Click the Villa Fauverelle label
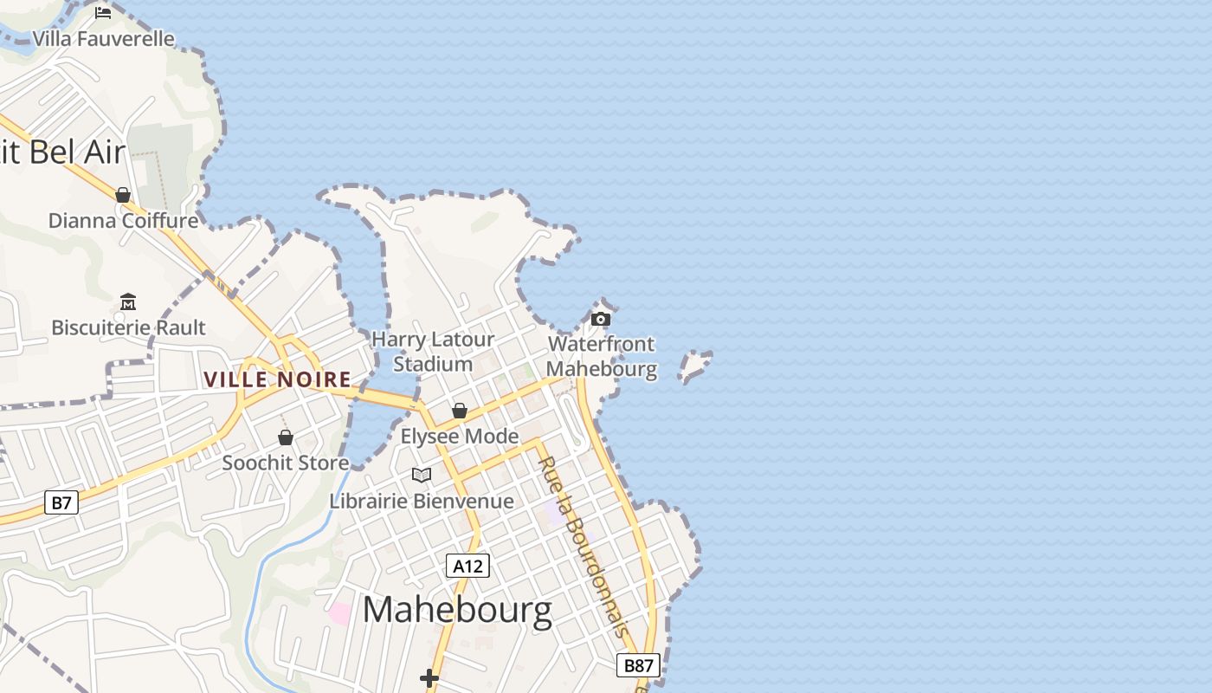[104, 39]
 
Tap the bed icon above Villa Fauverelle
[103, 12]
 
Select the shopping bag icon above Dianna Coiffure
[123, 195]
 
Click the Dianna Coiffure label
[123, 221]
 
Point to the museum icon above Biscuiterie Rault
[128, 301]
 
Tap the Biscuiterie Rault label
[128, 327]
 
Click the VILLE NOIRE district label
[277, 379]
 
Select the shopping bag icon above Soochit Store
[286, 437]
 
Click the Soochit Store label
[286, 463]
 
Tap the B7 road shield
[61, 502]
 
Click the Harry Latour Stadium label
[433, 352]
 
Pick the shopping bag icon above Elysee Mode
[460, 411]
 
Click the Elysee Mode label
[460, 436]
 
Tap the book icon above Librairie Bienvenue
[422, 475]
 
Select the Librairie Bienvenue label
[422, 501]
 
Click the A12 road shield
[468, 566]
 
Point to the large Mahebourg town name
[457, 610]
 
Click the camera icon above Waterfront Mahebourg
[601, 319]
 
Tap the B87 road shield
[638, 665]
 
